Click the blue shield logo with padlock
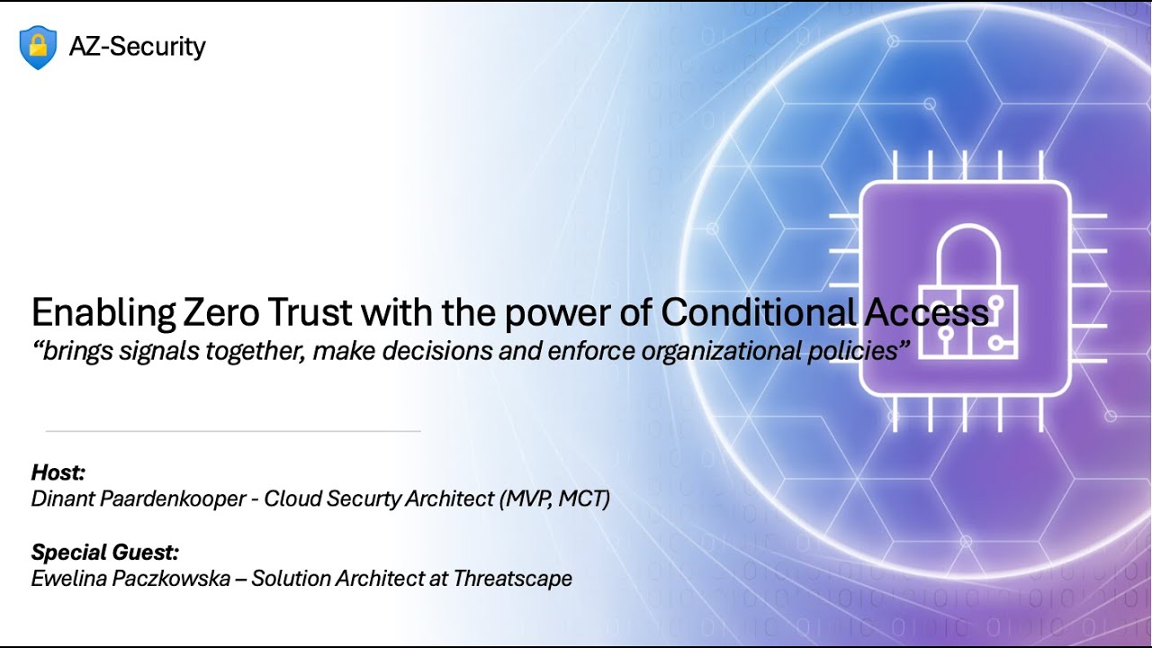(x=38, y=47)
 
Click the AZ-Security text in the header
(x=137, y=46)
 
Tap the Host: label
(x=58, y=472)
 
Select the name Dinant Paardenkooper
(x=139, y=499)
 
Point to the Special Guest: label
(x=104, y=552)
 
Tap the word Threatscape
(x=513, y=578)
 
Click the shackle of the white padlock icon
(x=965, y=256)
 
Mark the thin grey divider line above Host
(x=233, y=432)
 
